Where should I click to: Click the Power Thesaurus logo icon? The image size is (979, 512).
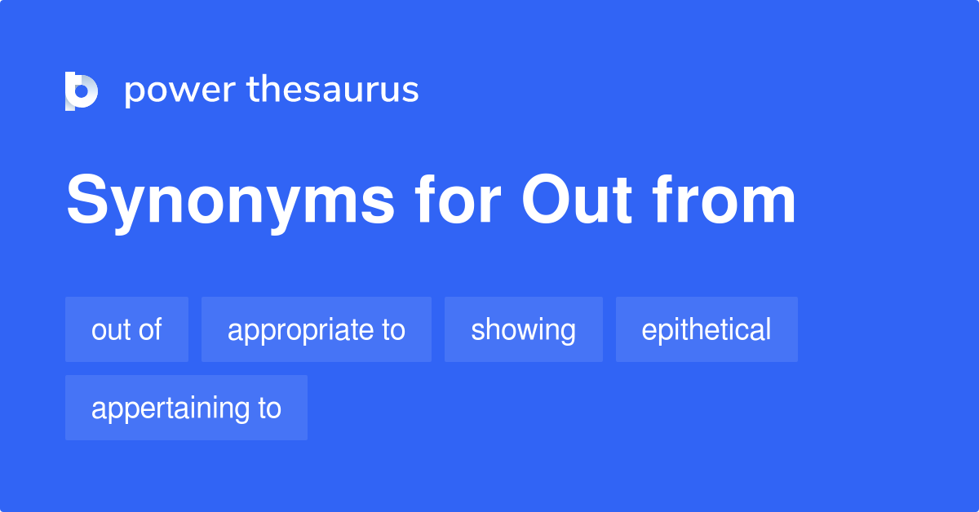82,90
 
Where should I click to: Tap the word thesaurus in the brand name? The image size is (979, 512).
333,90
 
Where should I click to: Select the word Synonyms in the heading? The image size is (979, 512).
231,201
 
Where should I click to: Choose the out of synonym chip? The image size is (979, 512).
126,329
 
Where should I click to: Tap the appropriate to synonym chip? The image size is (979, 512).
316,329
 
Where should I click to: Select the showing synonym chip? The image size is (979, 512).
523,329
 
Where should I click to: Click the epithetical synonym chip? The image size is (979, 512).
707,329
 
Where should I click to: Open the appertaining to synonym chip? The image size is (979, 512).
186,408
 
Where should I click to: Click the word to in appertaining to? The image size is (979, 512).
268,408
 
